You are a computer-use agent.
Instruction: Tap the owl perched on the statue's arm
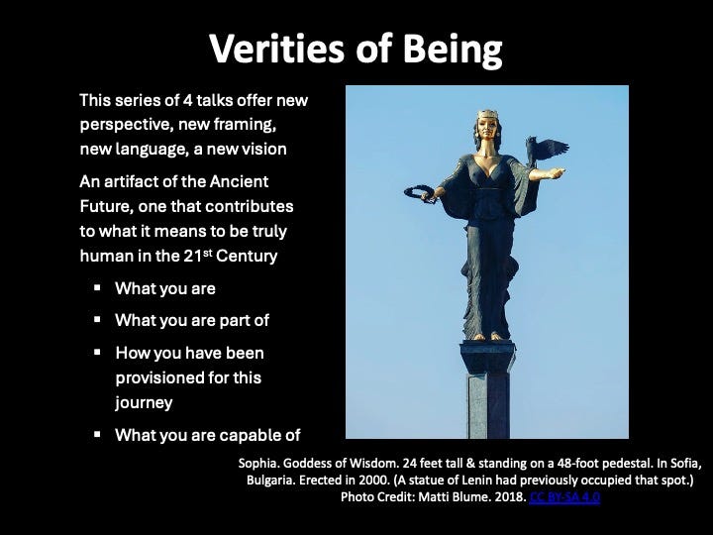point(545,151)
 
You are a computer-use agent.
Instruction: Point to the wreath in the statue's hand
point(418,193)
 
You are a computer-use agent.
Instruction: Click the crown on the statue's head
point(488,114)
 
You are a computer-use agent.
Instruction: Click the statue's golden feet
point(487,337)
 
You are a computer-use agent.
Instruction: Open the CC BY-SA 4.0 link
point(564,496)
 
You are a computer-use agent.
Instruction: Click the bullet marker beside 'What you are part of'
point(97,320)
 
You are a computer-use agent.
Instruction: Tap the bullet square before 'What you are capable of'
point(97,435)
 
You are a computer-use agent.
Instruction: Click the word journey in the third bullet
point(144,403)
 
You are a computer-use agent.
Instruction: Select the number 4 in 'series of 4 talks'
point(187,100)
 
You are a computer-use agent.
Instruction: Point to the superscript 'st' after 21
point(207,252)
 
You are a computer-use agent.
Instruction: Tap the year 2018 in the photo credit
point(512,496)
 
